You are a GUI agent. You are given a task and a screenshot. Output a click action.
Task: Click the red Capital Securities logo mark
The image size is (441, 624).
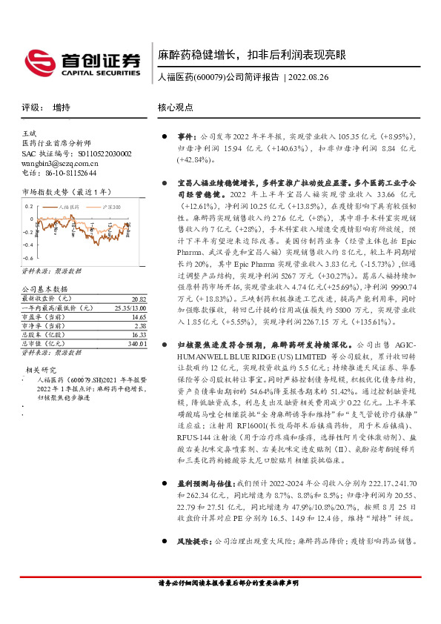coord(39,62)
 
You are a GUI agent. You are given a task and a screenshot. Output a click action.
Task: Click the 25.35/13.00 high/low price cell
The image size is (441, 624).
coord(130,285)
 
